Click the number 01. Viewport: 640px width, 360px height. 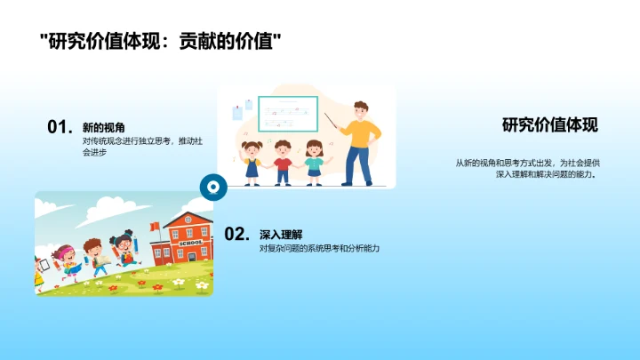58,127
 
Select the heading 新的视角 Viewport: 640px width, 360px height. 99,127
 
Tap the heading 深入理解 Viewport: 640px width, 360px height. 276,234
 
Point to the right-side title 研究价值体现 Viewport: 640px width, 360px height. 549,125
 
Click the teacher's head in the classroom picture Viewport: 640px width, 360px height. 360,110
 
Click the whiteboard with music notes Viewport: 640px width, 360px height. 288,116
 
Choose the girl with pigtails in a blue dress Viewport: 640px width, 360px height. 252,160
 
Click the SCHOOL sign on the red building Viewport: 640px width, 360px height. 189,243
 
